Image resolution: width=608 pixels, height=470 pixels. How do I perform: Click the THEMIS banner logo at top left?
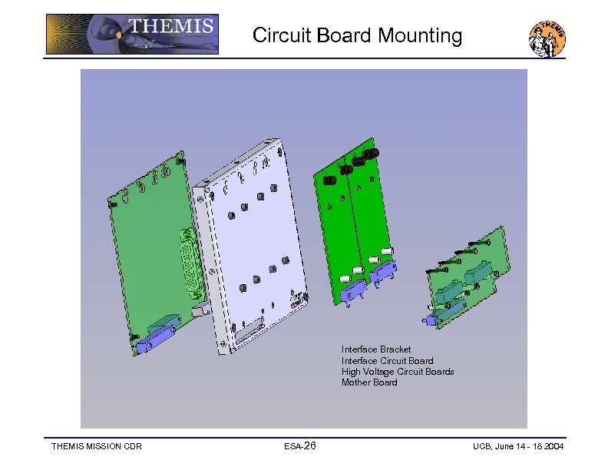(x=132, y=34)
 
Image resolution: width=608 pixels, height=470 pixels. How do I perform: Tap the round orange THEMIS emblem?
(x=547, y=38)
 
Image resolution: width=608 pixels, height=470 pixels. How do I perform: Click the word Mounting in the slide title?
(x=420, y=35)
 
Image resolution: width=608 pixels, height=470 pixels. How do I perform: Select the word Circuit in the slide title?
(x=283, y=35)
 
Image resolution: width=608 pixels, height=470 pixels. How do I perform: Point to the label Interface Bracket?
(x=376, y=349)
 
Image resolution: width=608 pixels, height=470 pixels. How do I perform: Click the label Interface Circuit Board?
(x=388, y=361)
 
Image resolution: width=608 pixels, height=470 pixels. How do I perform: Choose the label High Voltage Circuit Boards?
(x=398, y=372)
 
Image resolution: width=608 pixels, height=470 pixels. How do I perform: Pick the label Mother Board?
(x=369, y=382)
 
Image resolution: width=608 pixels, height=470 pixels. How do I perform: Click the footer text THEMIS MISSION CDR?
(x=97, y=446)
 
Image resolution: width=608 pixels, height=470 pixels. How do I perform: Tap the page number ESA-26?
(x=299, y=446)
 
